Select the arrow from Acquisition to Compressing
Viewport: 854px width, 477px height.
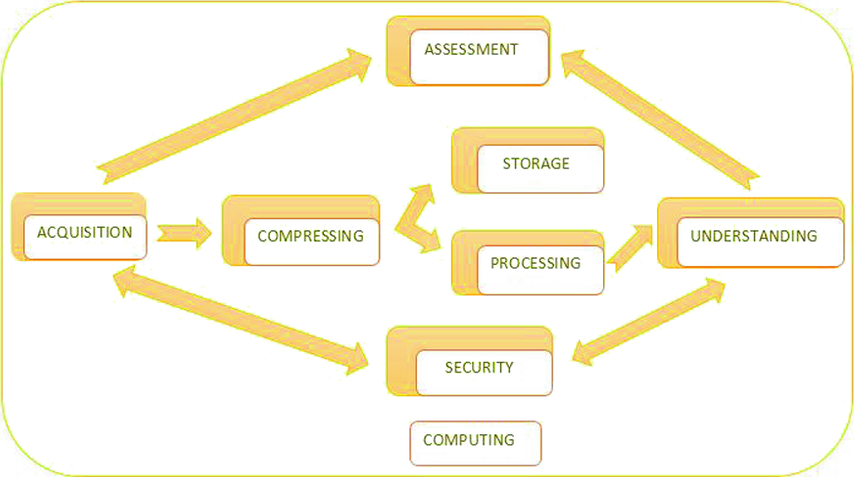tap(184, 233)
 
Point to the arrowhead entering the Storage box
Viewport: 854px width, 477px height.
tap(423, 192)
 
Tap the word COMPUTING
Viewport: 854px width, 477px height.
tap(469, 440)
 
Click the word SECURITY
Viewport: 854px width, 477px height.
tap(479, 368)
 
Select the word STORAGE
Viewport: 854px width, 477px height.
tap(536, 164)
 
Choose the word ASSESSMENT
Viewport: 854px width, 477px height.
tap(471, 49)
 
